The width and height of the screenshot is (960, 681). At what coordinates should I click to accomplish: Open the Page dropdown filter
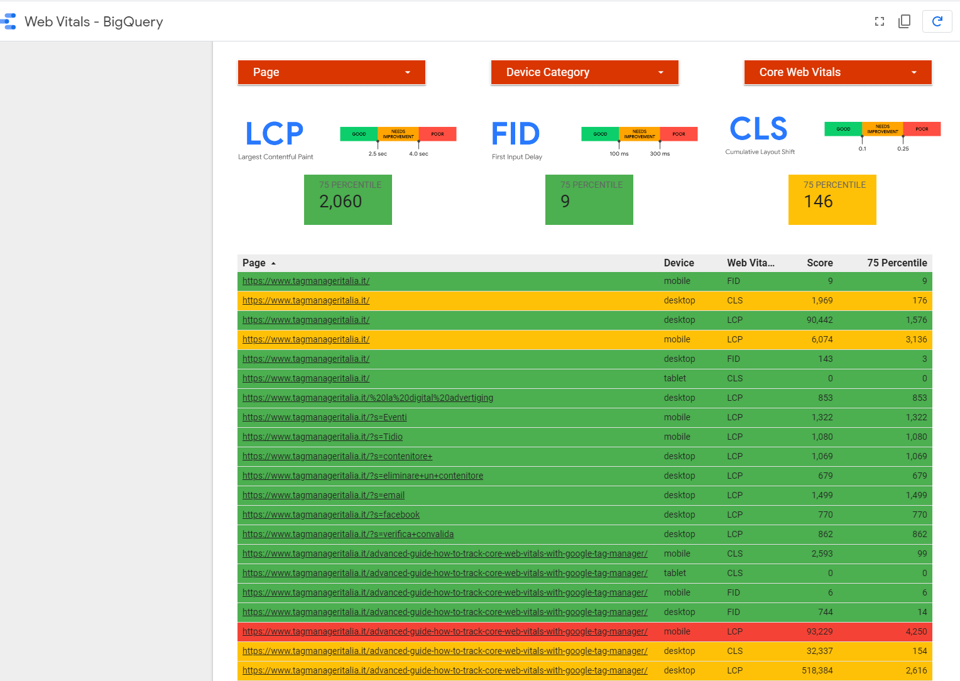331,72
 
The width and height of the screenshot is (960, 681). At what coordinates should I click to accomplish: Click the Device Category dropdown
584,72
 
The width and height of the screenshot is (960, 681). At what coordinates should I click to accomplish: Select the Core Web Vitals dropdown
837,72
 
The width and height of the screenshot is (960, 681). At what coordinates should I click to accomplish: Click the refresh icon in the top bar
937,21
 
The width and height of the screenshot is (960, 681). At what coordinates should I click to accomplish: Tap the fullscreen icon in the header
880,21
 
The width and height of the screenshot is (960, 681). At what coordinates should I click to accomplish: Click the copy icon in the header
905,21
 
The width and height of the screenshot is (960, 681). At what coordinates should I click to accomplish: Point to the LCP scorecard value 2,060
341,202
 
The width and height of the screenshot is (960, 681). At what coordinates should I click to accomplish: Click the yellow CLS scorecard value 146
818,202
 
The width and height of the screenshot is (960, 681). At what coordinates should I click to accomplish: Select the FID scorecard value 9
565,202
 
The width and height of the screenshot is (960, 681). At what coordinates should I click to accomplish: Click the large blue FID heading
515,134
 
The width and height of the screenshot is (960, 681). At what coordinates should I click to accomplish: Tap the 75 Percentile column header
897,263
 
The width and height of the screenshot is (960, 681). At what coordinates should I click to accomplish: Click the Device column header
679,263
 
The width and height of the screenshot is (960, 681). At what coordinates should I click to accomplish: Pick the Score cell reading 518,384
817,670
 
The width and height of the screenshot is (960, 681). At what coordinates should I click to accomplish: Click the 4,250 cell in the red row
916,631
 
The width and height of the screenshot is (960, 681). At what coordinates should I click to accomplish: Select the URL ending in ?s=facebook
331,515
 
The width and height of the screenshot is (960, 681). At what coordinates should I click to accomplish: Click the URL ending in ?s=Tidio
322,437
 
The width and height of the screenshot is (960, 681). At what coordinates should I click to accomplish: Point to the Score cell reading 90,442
819,320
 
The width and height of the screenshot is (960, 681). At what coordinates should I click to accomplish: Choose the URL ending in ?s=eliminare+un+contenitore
363,476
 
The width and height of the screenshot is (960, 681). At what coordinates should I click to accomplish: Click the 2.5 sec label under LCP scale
378,154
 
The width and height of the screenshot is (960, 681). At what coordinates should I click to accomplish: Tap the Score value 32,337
819,651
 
